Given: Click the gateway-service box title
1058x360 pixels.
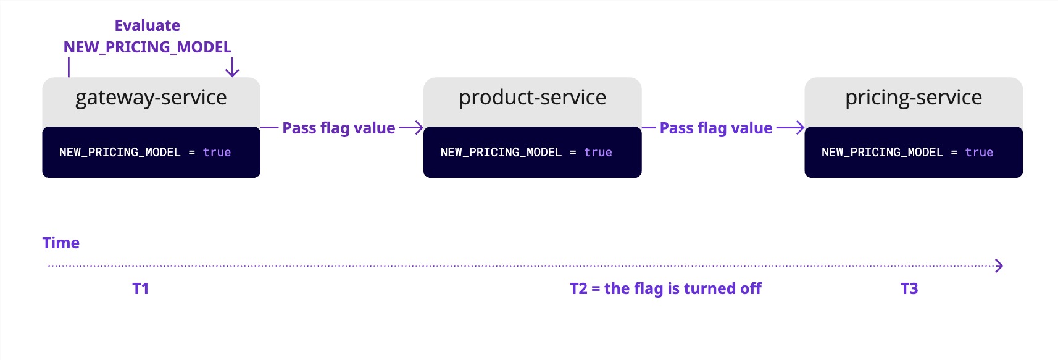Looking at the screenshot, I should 151,98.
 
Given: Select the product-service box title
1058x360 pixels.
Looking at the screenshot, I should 532,98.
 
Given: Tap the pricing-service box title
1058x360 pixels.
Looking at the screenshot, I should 913,98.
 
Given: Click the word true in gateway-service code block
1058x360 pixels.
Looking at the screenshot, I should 217,153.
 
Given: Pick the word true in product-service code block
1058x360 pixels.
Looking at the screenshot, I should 598,153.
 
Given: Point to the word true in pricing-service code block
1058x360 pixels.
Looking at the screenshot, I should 979,153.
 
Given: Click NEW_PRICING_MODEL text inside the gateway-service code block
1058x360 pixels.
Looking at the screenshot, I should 120,153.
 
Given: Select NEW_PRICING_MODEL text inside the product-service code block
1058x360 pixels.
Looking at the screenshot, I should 501,153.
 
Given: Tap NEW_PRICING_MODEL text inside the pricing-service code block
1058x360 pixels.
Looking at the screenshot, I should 882,153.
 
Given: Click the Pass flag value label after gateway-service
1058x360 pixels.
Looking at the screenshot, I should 338,128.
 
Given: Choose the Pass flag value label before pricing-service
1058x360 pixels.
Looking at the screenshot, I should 715,128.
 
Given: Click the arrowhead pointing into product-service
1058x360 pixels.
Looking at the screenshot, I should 419,128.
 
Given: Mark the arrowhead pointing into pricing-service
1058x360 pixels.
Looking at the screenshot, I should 800,128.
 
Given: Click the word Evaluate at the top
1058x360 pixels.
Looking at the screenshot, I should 147,25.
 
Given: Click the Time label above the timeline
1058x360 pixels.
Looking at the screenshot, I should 60,243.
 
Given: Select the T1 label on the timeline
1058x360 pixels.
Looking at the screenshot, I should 140,288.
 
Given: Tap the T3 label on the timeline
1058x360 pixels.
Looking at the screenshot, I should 909,288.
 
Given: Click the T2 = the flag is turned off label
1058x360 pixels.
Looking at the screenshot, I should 665,288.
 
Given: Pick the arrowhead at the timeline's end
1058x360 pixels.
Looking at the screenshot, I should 999,266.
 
